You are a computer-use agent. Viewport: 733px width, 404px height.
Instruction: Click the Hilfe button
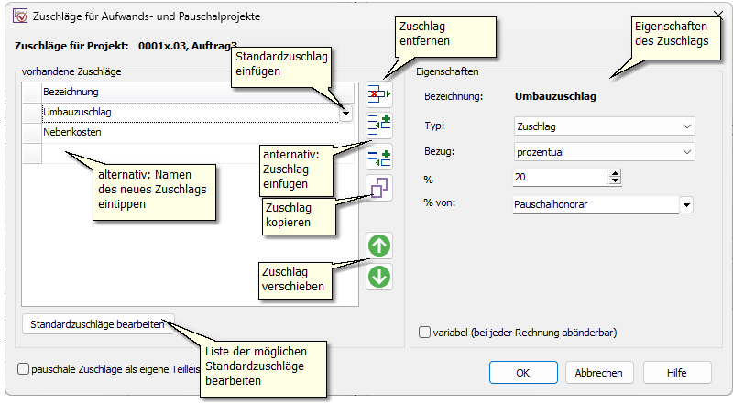pyautogui.click(x=677, y=373)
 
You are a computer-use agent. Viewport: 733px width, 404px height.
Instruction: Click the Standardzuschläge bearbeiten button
pyautogui.click(x=96, y=324)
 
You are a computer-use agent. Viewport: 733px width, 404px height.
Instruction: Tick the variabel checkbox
pyautogui.click(x=424, y=333)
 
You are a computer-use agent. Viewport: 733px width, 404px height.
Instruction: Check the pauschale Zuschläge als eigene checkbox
pyautogui.click(x=24, y=368)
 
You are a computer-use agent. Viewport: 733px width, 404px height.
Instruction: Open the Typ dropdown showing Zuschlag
pyautogui.click(x=604, y=126)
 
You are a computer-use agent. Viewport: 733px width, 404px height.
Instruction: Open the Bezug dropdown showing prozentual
pyautogui.click(x=604, y=152)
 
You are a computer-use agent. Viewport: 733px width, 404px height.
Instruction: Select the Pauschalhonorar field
pyautogui.click(x=596, y=204)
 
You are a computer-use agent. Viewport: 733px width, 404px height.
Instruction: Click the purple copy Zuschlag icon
pyautogui.click(x=378, y=188)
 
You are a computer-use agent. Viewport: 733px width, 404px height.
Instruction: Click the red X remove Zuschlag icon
pyautogui.click(x=378, y=94)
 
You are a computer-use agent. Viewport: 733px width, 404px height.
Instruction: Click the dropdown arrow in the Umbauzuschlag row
pyautogui.click(x=345, y=113)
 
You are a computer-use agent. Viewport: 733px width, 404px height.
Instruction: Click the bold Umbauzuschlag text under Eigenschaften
pyautogui.click(x=556, y=95)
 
